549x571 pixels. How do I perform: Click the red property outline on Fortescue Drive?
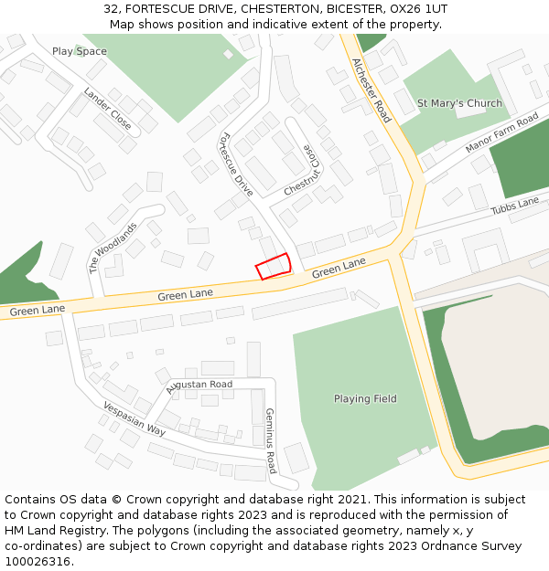point(273,266)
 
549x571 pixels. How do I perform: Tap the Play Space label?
point(79,51)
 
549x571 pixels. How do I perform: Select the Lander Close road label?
point(107,108)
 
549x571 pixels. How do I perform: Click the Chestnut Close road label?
point(304,171)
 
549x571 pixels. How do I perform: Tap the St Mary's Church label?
point(459,103)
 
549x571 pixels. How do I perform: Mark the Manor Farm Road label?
point(501,134)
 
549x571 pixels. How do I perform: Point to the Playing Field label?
point(365,398)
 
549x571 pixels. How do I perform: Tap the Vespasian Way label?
point(134,418)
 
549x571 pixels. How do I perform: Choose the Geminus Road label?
point(270,440)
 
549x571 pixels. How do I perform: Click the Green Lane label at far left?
point(38,311)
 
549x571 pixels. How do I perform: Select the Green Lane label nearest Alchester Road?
point(339,268)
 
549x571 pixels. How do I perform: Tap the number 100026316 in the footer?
point(38,561)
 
